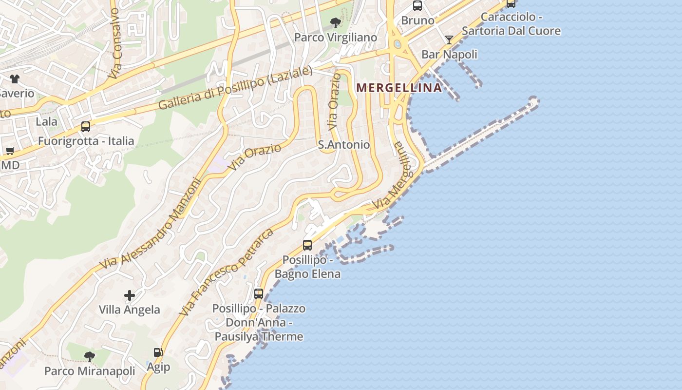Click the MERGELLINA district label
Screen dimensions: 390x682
point(399,88)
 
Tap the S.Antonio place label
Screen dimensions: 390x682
point(343,145)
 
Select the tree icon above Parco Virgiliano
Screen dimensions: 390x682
point(335,22)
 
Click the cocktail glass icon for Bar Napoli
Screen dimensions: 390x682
point(449,39)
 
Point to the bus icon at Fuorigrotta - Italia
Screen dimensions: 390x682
point(86,127)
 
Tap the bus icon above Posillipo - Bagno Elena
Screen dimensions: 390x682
point(307,245)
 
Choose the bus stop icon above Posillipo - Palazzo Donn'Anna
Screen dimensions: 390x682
point(259,293)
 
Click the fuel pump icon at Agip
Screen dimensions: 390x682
point(158,352)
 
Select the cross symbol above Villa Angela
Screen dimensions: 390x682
point(130,295)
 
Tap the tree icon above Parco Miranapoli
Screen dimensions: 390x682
point(89,357)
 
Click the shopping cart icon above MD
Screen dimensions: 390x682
point(10,151)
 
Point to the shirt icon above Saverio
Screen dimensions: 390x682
point(14,78)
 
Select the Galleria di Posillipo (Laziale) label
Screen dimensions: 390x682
point(235,88)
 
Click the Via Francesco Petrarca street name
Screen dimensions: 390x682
point(226,272)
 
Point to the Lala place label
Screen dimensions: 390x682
point(46,121)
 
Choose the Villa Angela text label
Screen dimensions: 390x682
point(129,310)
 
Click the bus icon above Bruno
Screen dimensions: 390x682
point(417,6)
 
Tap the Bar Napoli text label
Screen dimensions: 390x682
point(449,54)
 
